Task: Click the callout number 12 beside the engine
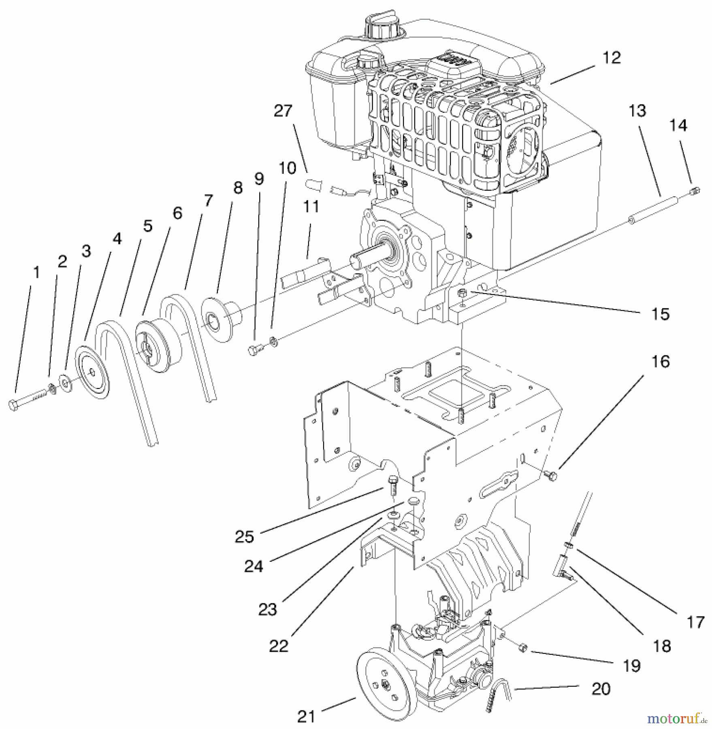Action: [611, 58]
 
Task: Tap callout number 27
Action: [283, 111]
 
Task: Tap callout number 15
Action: [660, 314]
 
